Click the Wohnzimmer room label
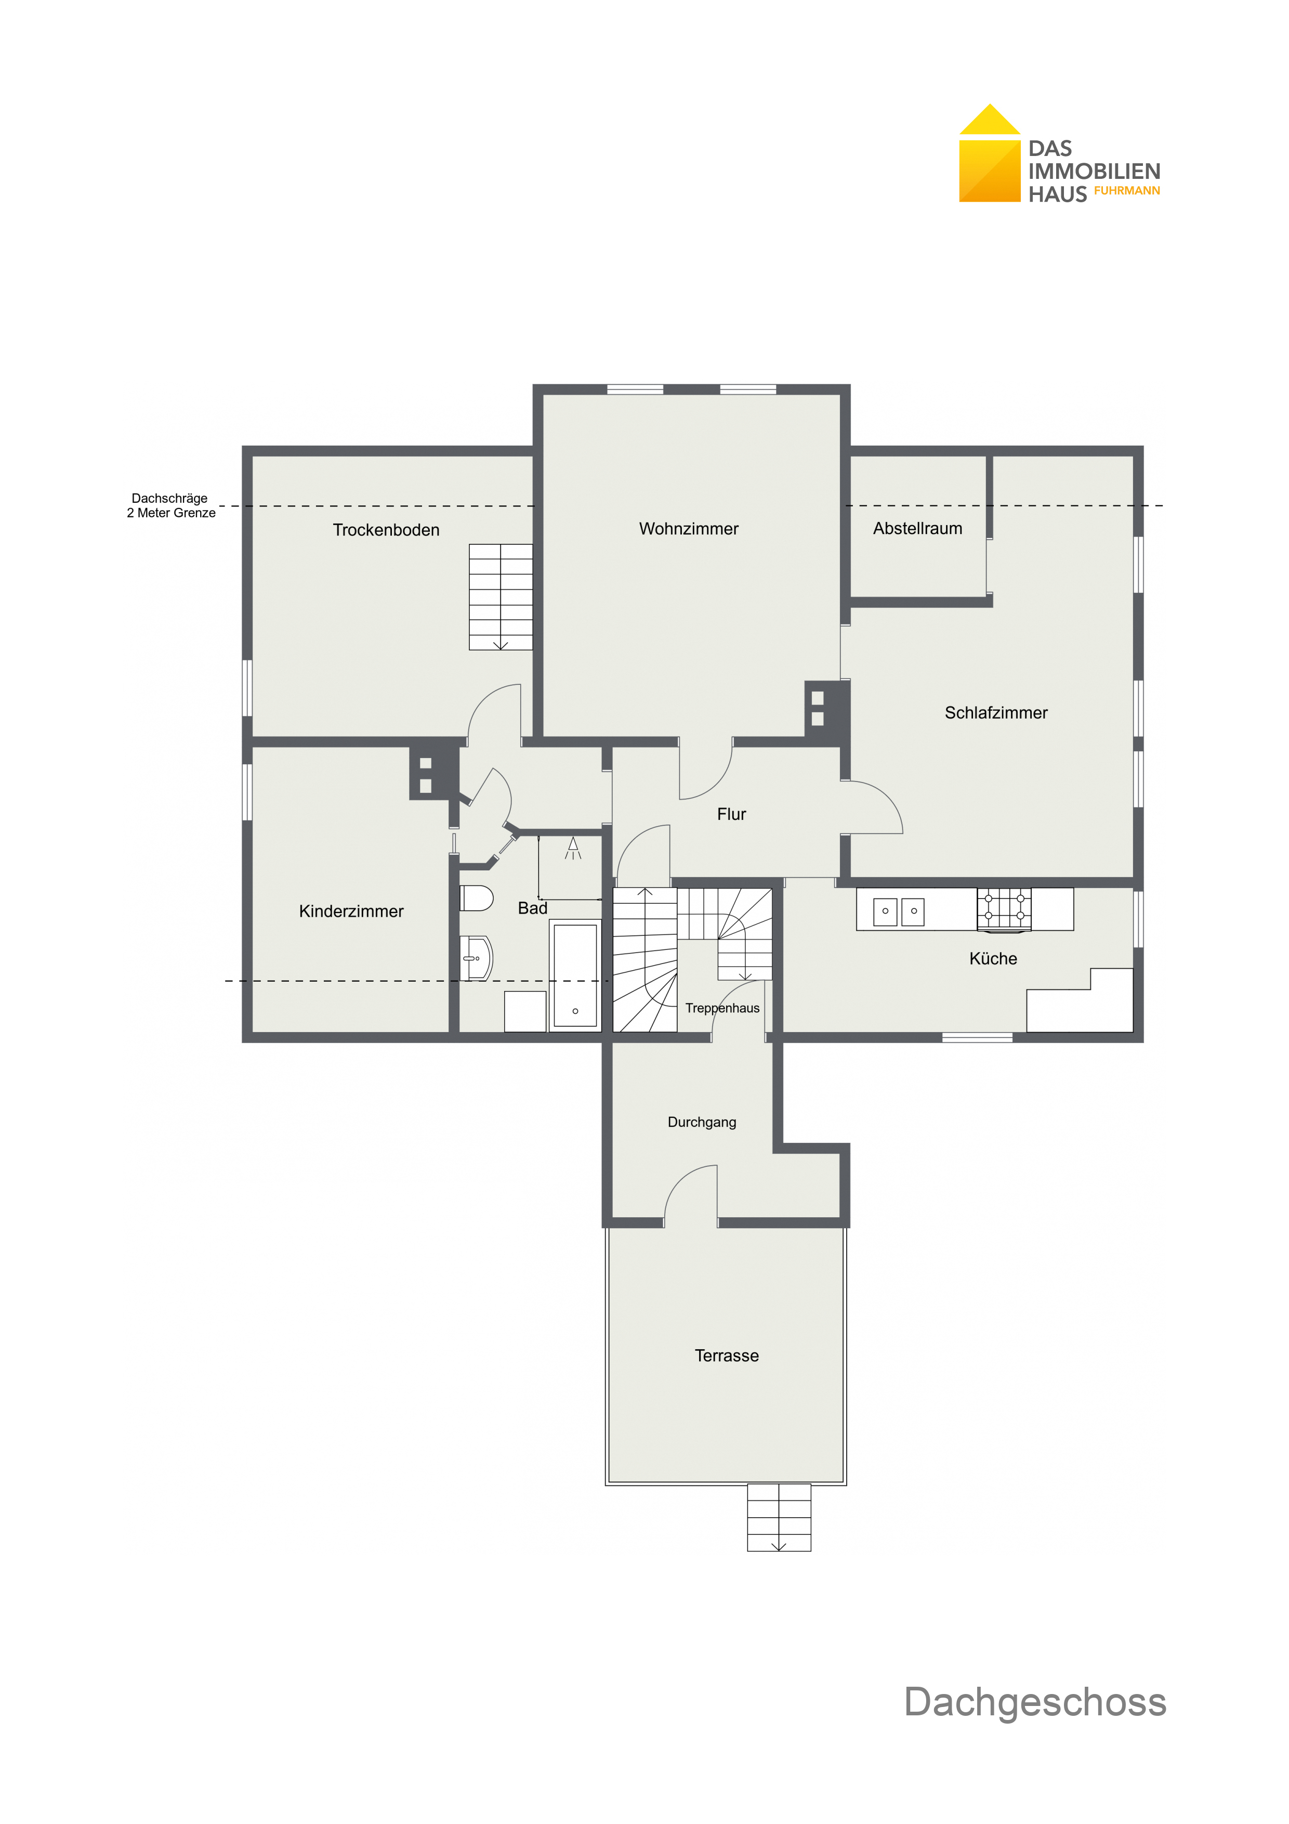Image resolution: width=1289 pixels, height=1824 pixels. tap(689, 529)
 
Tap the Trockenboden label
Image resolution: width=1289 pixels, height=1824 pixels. tap(386, 530)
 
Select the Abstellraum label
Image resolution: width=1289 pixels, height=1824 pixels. tap(917, 528)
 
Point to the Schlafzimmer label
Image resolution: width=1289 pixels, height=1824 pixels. tap(996, 713)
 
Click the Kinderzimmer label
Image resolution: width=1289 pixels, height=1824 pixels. tap(351, 911)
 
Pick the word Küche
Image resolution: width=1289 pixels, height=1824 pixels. tap(993, 958)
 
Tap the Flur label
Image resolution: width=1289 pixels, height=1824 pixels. tap(731, 814)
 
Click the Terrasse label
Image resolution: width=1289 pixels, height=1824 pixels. tap(727, 1356)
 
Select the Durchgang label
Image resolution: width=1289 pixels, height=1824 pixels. tap(702, 1123)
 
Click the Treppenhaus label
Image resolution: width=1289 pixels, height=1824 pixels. tap(723, 1008)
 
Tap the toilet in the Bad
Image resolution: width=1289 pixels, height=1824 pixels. tap(477, 897)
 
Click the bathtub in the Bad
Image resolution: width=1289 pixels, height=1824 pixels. tap(575, 975)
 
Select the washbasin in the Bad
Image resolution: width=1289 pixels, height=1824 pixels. tap(477, 958)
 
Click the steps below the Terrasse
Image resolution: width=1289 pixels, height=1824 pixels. tap(779, 1517)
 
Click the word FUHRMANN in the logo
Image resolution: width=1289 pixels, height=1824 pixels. tap(1127, 191)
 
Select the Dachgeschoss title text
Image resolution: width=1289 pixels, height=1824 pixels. tap(1035, 1702)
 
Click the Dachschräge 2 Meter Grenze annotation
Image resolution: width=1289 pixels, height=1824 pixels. tap(171, 505)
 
